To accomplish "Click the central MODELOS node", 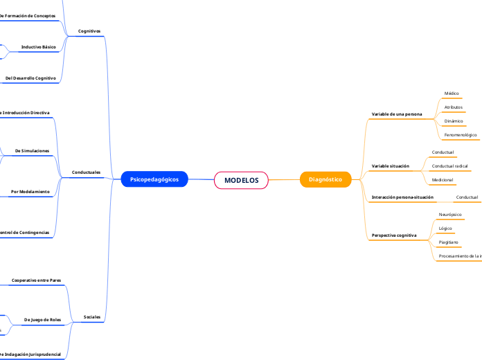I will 241,180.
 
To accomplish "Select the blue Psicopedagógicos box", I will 154,179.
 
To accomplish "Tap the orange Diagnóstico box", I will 325,179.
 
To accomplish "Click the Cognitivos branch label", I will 89,31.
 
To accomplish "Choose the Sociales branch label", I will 92,316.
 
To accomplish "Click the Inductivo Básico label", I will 39,47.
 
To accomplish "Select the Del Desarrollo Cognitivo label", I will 30,78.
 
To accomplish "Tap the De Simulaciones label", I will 33,150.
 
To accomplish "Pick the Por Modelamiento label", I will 30,191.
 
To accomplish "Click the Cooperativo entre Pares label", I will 37,280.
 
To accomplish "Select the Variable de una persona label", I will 397,114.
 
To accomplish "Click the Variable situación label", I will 391,166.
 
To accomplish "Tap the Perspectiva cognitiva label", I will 394,235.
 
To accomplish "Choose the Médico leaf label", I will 452,93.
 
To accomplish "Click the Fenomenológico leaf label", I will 461,135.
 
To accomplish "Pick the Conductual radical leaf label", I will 449,166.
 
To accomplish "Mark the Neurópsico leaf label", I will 450,215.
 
